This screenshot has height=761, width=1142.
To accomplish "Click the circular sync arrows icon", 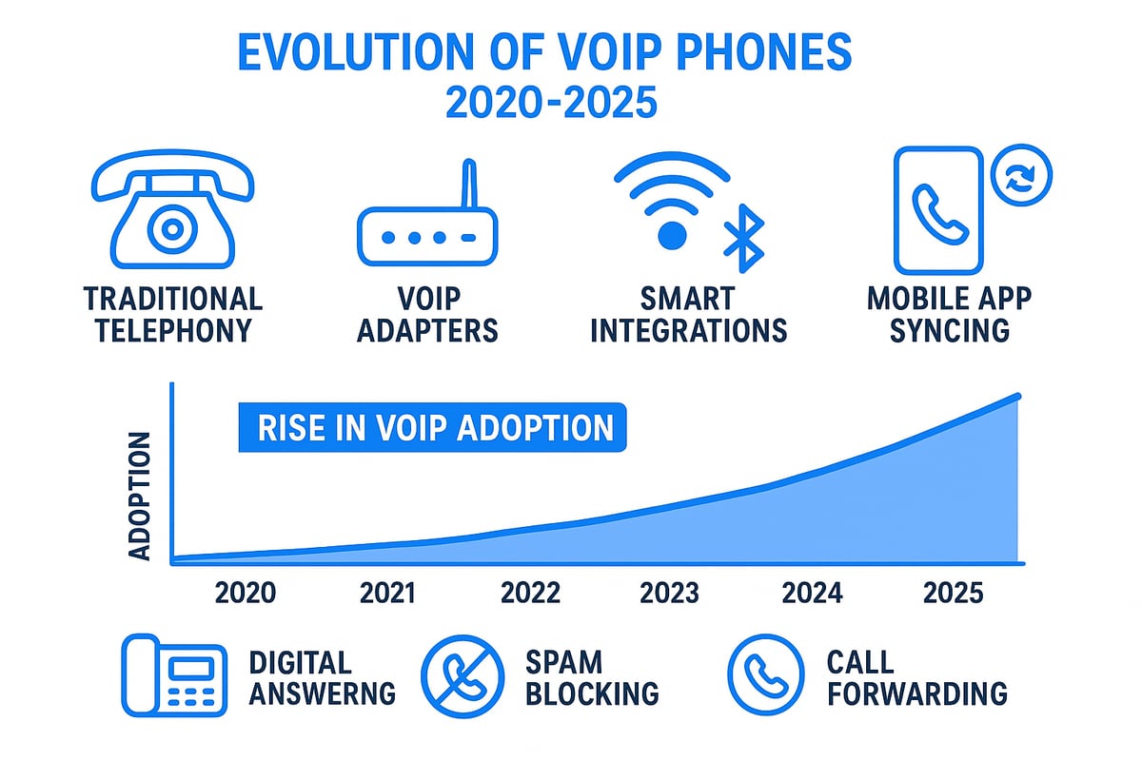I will click(x=1021, y=177).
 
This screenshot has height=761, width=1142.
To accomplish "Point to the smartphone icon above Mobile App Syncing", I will click(x=936, y=211).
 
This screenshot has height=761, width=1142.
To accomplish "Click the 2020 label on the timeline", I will click(x=246, y=593).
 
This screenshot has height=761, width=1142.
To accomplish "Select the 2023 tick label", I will click(x=669, y=593).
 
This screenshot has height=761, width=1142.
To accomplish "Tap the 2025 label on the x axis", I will click(x=953, y=593).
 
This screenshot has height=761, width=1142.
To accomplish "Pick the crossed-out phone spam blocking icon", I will click(x=463, y=676).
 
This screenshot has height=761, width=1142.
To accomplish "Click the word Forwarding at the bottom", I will click(x=916, y=693).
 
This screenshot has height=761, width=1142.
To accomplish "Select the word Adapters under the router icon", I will click(x=442, y=330).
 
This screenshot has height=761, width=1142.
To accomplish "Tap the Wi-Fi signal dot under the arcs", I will click(x=672, y=234).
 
